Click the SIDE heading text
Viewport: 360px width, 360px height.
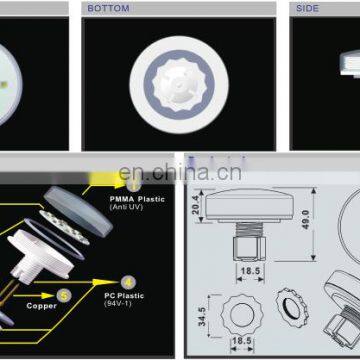click(306, 8)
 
